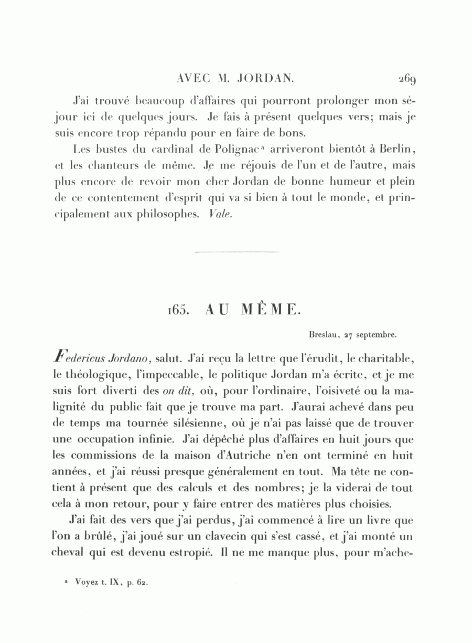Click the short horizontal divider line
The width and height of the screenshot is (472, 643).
click(x=236, y=252)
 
